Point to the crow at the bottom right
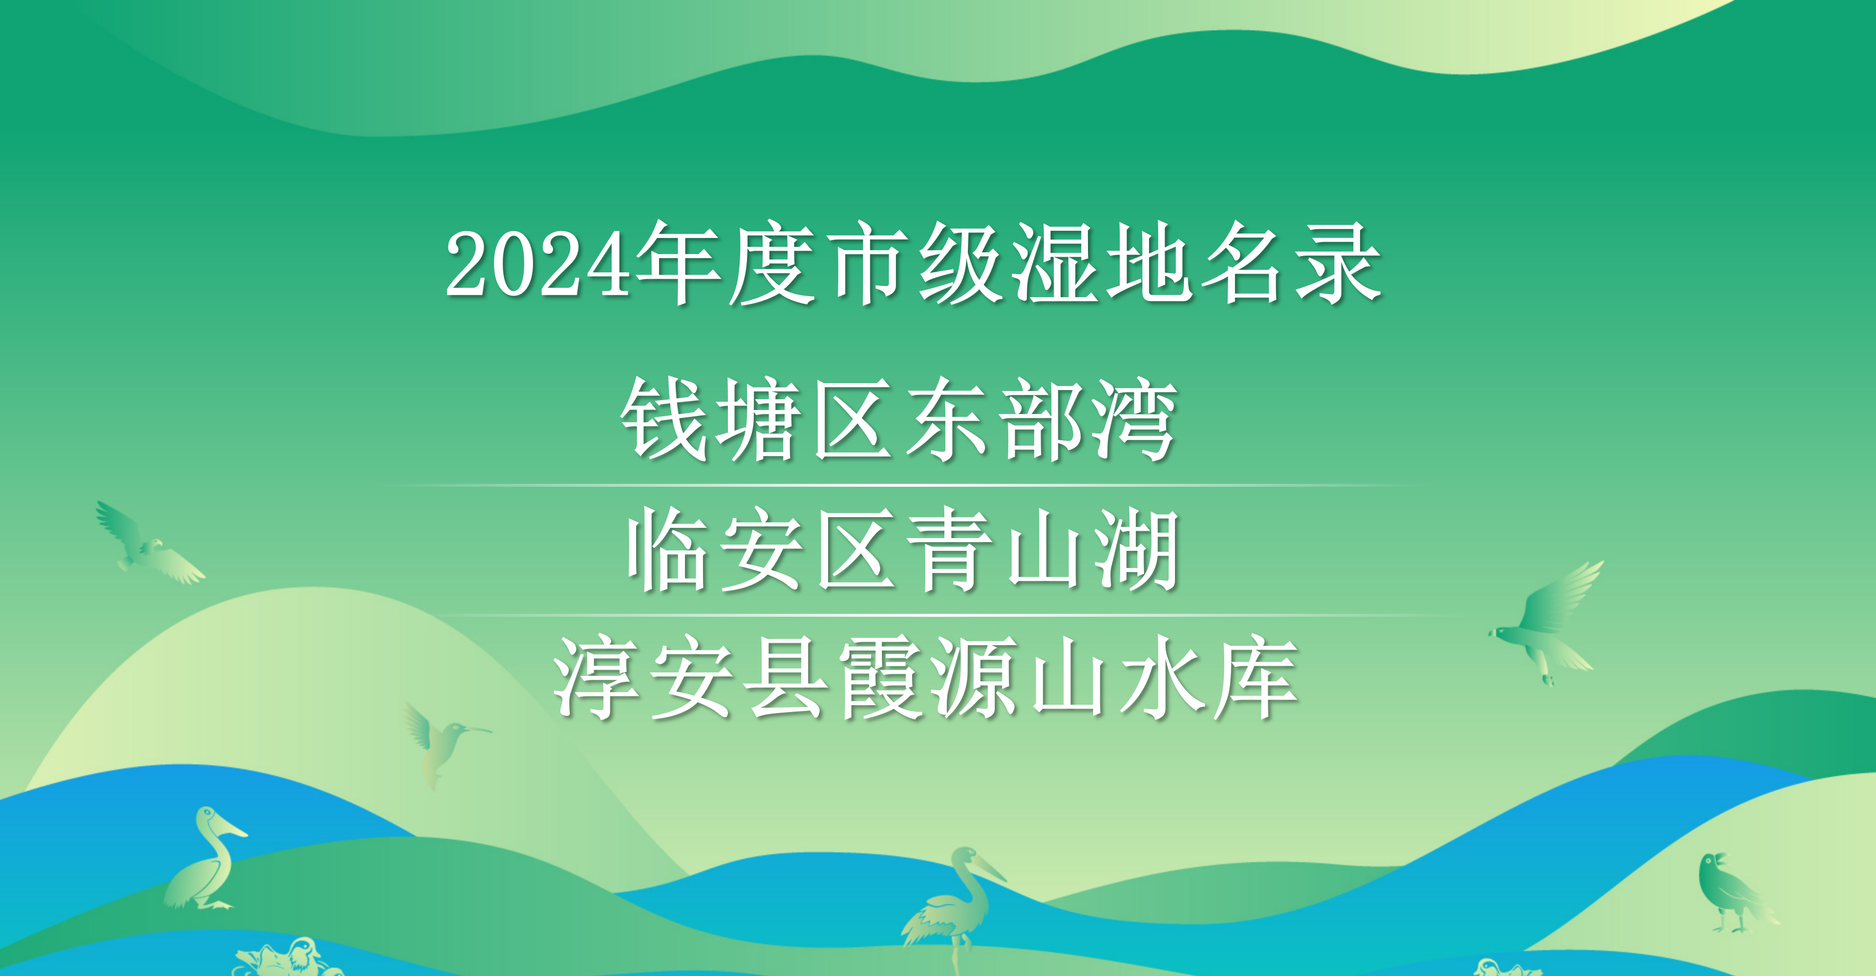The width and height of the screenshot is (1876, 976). [x=1737, y=893]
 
